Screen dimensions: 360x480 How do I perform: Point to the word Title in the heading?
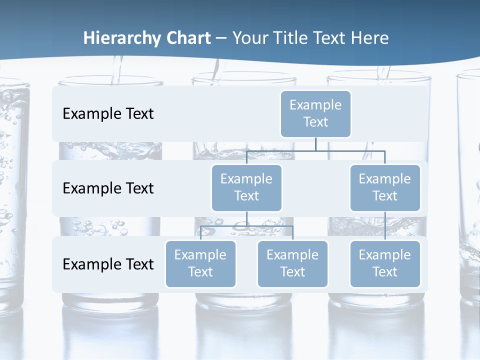[295, 38]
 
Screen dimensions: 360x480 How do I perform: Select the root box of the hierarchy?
[315, 113]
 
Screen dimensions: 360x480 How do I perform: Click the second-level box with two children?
[246, 187]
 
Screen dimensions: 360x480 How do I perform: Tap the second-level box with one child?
[385, 187]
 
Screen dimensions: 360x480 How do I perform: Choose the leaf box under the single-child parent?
[385, 263]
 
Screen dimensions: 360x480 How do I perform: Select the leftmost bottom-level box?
[200, 263]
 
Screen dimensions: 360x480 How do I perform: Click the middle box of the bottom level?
[292, 263]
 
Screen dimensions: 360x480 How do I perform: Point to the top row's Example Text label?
[108, 113]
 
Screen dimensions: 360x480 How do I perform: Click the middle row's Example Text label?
[108, 188]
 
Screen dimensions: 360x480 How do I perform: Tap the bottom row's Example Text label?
[108, 264]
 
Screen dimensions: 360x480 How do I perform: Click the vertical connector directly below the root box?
[315, 144]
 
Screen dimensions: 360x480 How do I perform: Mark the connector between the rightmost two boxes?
[385, 226]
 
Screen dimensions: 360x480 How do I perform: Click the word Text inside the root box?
[315, 122]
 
